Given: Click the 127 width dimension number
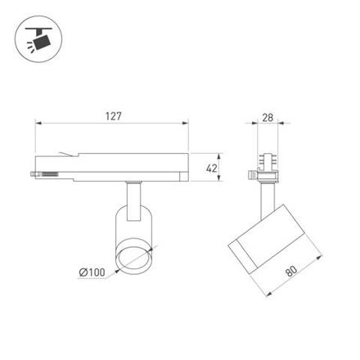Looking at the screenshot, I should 114,116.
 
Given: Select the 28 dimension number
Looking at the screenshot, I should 268,117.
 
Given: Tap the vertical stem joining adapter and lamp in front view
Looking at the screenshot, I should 131,196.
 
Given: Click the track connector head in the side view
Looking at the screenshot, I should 267,164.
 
